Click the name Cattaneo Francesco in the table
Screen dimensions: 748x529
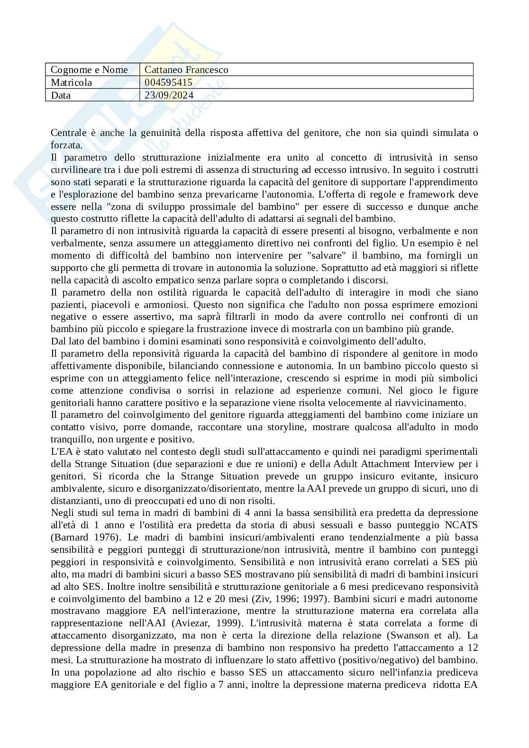tap(186, 70)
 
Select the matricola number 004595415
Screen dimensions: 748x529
tap(168, 82)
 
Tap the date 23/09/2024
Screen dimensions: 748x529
tap(169, 95)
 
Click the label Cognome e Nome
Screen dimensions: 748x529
tap(89, 70)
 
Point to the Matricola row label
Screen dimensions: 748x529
tap(72, 82)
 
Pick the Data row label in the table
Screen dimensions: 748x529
tap(61, 95)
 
